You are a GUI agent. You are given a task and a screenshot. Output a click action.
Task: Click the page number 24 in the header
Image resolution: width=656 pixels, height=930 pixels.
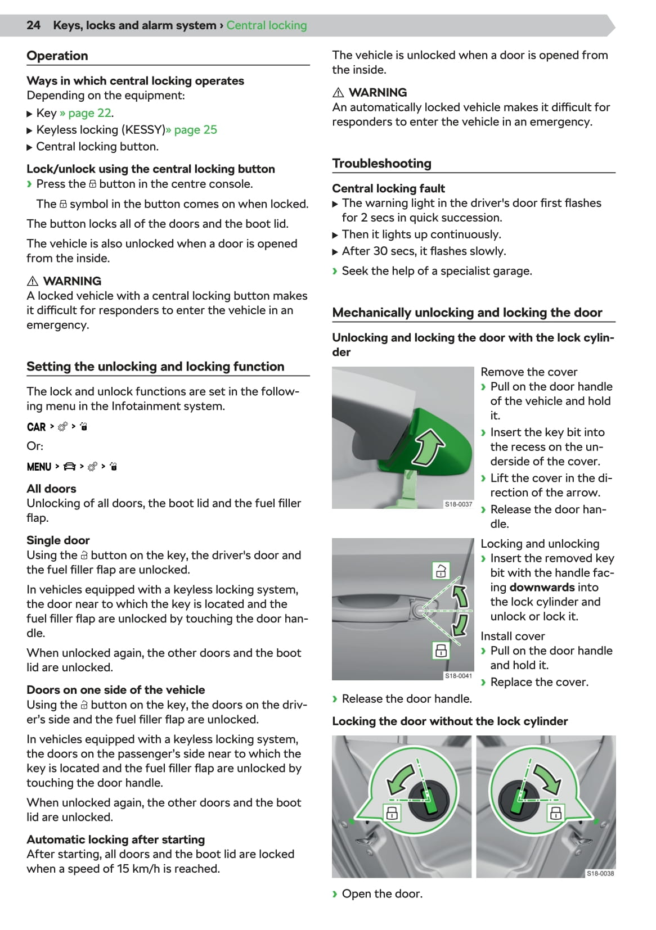pyautogui.click(x=33, y=25)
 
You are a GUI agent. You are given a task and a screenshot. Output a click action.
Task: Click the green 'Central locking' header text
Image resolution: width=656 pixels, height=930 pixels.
pyautogui.click(x=267, y=25)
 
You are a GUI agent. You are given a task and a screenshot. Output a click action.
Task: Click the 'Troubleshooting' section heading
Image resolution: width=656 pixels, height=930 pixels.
pyautogui.click(x=381, y=164)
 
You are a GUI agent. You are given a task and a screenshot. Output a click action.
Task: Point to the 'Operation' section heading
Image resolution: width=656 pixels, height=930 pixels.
pyautogui.click(x=57, y=56)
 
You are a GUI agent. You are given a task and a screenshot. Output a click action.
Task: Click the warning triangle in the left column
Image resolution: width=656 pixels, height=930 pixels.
pyautogui.click(x=33, y=281)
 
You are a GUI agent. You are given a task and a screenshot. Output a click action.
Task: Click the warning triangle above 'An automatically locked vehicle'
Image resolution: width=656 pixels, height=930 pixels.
pyautogui.click(x=338, y=93)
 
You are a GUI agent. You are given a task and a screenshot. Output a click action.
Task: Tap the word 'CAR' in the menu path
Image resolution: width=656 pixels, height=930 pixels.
pyautogui.click(x=37, y=427)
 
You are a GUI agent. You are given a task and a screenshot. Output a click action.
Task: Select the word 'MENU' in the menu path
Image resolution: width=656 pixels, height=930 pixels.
pyautogui.click(x=39, y=467)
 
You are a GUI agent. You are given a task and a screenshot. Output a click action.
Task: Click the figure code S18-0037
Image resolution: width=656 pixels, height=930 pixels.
pyautogui.click(x=459, y=504)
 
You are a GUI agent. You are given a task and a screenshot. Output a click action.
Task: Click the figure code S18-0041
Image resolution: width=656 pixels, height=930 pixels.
pyautogui.click(x=459, y=676)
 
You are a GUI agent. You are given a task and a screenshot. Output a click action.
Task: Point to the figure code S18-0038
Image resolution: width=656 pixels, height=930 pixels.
pyautogui.click(x=600, y=873)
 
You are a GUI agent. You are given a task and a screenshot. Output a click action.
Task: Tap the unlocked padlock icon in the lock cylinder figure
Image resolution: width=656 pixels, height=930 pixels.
pyautogui.click(x=441, y=570)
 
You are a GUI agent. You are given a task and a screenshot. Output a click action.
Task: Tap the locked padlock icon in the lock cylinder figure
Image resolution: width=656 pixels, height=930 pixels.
pyautogui.click(x=441, y=651)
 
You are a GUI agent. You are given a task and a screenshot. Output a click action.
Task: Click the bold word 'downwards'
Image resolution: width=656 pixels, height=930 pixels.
pyautogui.click(x=542, y=588)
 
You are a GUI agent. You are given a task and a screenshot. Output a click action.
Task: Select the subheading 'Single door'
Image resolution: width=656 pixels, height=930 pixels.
pyautogui.click(x=58, y=540)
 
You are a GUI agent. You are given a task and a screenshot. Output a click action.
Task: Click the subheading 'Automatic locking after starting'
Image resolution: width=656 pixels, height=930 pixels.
pyautogui.click(x=115, y=839)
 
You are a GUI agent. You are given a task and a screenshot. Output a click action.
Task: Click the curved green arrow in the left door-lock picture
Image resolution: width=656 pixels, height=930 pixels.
pyautogui.click(x=402, y=779)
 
